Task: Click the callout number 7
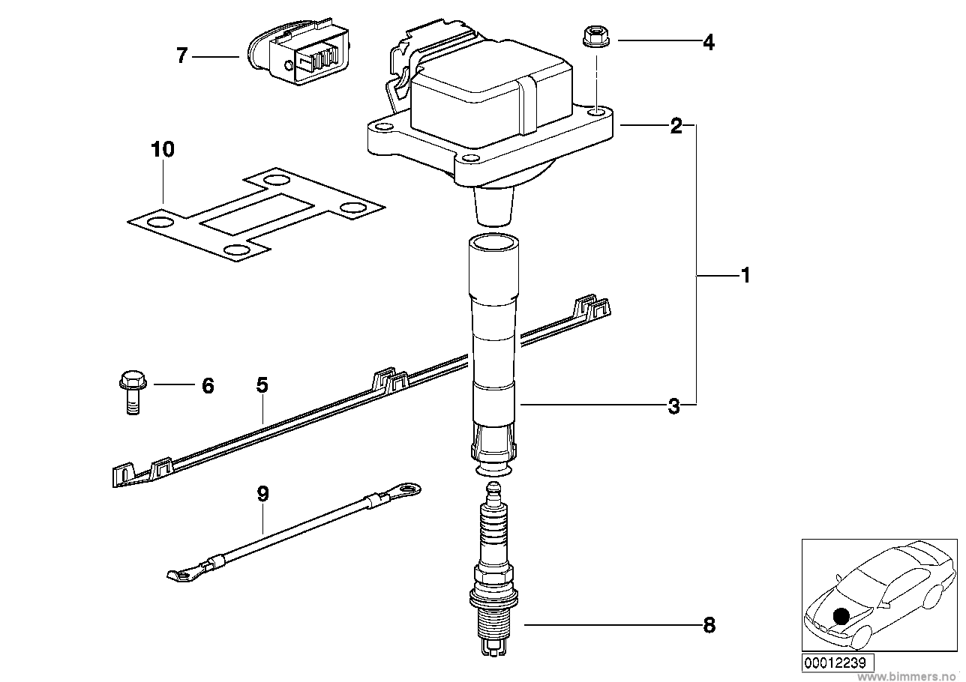182,56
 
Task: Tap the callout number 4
709,43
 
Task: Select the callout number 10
163,149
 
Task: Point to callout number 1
745,275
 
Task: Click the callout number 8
709,625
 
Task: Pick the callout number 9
262,494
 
